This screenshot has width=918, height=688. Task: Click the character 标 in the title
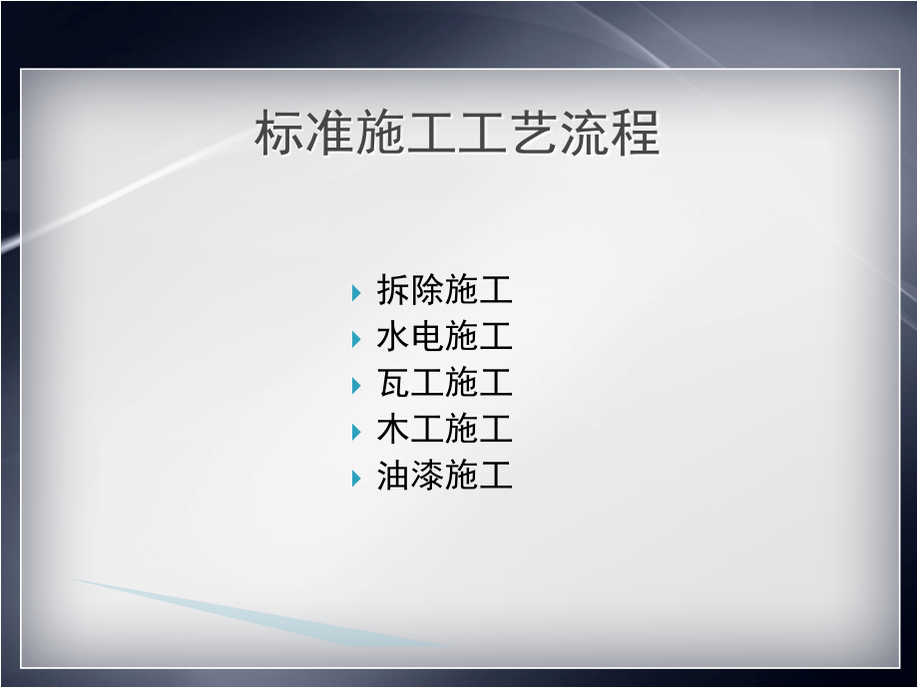(x=280, y=134)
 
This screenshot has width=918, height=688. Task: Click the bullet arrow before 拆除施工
(x=356, y=292)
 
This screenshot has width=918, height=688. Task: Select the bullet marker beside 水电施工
(x=356, y=339)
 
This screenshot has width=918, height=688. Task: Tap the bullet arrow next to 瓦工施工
(x=356, y=385)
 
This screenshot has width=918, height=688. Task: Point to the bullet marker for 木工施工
(x=356, y=432)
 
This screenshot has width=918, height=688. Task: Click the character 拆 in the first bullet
(x=393, y=291)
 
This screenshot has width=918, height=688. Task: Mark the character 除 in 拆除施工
(x=427, y=291)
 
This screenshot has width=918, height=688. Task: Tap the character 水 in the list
(x=393, y=337)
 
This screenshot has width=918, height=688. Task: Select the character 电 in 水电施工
(x=427, y=337)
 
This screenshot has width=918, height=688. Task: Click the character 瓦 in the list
(x=393, y=384)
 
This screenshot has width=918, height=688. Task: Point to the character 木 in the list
(x=393, y=431)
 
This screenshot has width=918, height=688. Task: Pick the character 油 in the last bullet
(x=393, y=477)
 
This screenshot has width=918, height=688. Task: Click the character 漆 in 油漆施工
(x=427, y=477)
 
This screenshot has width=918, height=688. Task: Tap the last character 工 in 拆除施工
(x=496, y=291)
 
